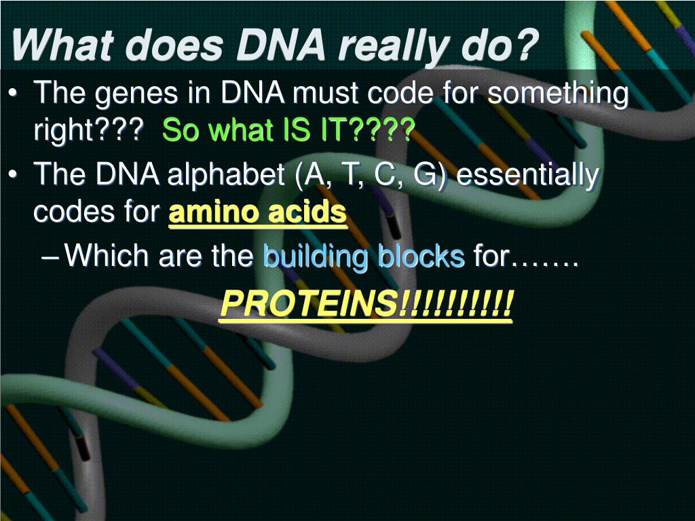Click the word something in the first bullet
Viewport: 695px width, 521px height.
(x=559, y=94)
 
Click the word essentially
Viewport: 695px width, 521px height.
(x=527, y=176)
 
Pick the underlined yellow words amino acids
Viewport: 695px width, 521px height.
(x=257, y=213)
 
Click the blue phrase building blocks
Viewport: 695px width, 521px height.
(x=363, y=257)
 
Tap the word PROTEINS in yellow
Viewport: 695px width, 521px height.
(x=309, y=305)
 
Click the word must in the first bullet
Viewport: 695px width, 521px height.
(x=323, y=94)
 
